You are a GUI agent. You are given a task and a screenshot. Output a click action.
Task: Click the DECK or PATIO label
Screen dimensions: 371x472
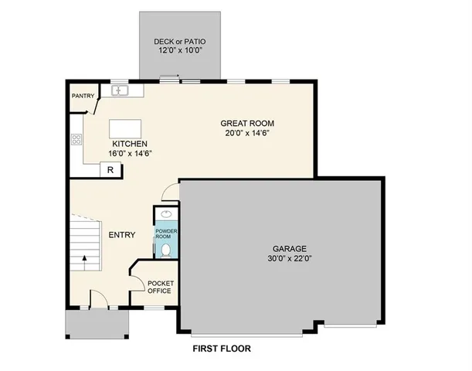click(x=179, y=41)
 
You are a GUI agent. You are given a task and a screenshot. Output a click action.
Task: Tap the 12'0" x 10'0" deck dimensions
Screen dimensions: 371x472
click(x=179, y=50)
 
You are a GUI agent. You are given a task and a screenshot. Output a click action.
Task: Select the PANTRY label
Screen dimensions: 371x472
click(x=83, y=96)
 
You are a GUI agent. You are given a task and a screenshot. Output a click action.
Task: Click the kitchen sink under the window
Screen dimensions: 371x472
click(x=121, y=91)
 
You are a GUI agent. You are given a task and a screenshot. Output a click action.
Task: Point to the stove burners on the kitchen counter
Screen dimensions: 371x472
click(x=76, y=140)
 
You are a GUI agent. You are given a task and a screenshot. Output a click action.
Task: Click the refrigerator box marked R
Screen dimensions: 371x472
click(x=110, y=170)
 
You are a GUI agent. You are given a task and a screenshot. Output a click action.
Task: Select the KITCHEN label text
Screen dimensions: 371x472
click(x=130, y=145)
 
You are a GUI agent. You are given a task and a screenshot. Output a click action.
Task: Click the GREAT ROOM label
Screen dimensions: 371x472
click(x=247, y=124)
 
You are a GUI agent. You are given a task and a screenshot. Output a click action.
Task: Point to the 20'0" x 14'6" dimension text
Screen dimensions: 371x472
click(x=247, y=133)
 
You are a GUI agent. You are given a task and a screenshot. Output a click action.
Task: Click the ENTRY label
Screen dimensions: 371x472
click(x=121, y=235)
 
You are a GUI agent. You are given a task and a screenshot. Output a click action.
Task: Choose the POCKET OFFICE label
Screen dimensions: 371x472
click(x=160, y=287)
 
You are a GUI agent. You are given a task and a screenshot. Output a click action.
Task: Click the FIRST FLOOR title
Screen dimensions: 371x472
click(x=222, y=349)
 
